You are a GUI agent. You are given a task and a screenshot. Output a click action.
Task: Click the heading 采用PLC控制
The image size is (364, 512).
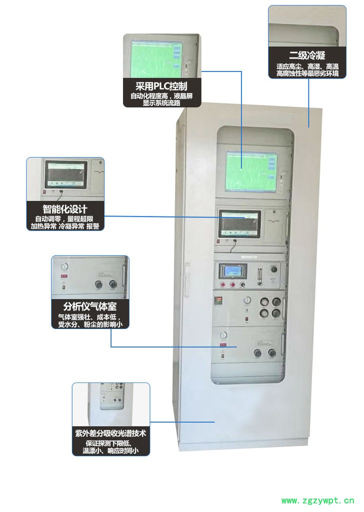161,85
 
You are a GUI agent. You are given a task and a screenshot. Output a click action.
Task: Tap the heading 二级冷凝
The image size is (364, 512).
307,55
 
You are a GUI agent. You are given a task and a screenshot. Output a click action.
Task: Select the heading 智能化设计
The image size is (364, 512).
65,209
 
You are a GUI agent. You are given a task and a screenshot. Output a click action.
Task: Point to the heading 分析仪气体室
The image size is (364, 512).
90,306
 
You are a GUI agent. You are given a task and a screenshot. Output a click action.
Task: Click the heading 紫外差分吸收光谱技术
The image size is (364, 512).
110,433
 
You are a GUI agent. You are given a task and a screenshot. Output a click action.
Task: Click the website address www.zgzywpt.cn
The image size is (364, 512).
317,500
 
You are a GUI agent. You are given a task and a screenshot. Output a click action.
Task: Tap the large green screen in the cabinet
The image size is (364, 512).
250,171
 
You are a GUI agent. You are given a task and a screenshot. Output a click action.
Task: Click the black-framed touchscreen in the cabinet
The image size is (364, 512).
240,223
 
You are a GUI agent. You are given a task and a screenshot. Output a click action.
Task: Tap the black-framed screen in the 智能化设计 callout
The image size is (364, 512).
65,174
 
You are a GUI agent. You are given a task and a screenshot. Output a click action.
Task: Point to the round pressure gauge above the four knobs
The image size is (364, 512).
246,300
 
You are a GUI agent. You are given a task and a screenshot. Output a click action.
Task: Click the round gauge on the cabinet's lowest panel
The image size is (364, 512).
223,335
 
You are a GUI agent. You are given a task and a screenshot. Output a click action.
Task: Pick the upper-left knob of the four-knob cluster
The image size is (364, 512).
264,302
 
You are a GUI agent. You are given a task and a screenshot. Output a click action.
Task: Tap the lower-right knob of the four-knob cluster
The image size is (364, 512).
275,313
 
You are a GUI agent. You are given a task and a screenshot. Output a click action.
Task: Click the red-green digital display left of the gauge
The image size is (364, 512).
218,301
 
